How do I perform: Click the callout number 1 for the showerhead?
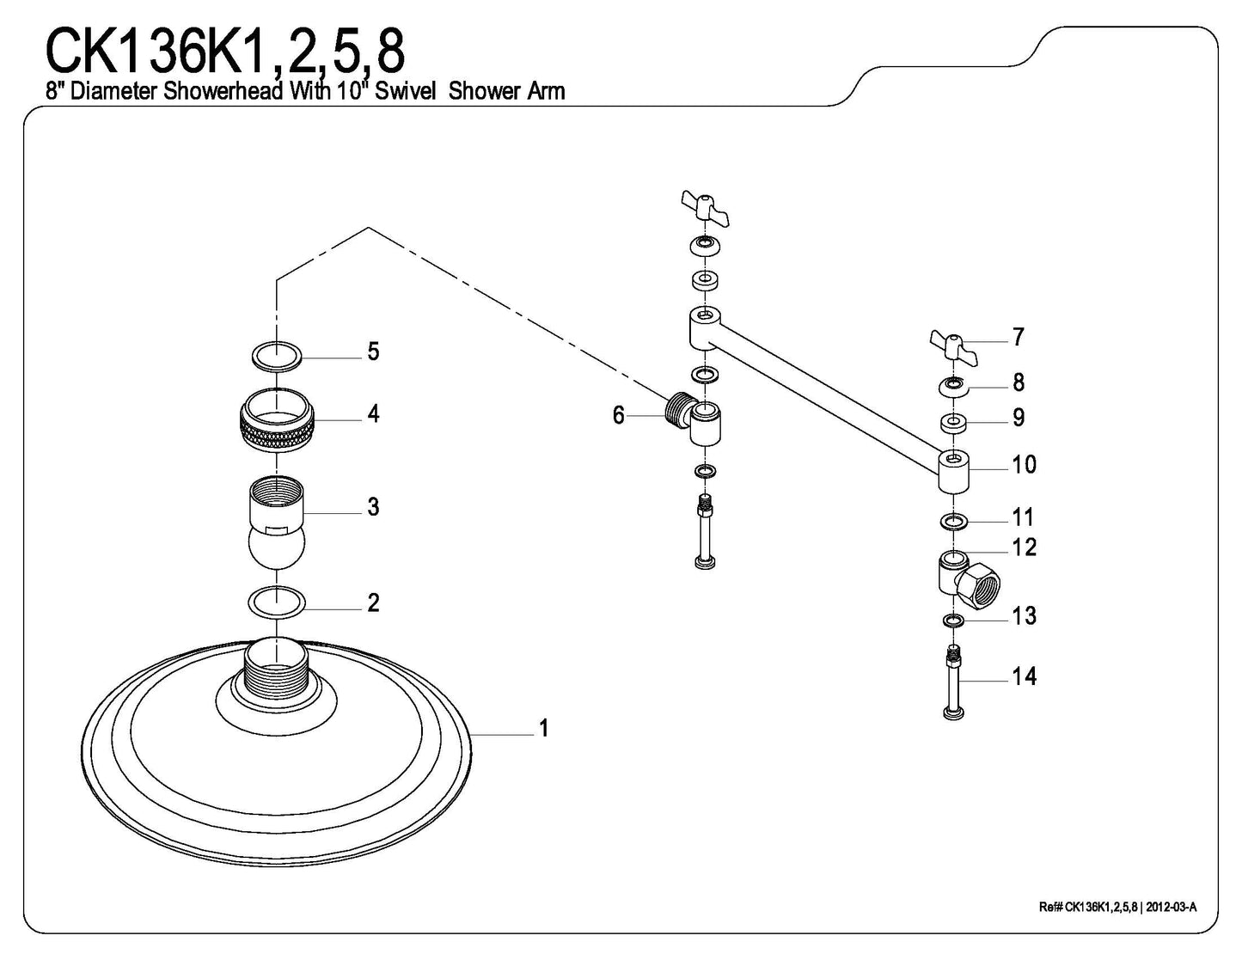pos(543,729)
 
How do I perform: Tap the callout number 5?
pos(373,352)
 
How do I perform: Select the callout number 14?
pos(1024,677)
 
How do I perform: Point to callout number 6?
pos(619,416)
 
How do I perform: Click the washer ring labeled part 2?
pos(276,602)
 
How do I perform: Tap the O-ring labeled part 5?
pos(276,354)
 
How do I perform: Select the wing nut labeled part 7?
pos(952,346)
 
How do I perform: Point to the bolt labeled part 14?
pos(952,683)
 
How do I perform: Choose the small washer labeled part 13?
pos(952,621)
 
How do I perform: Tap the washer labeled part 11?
pos(952,522)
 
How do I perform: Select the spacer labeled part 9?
pos(952,422)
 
